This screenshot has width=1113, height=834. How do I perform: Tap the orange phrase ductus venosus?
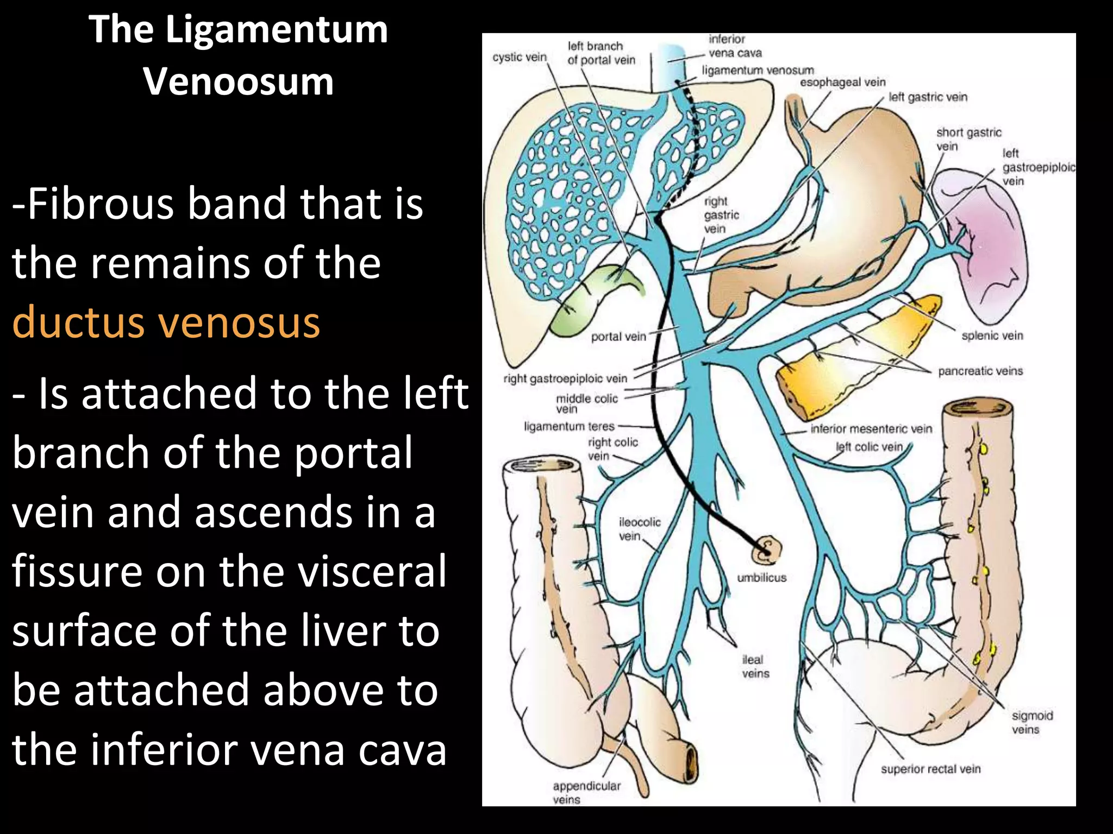point(166,322)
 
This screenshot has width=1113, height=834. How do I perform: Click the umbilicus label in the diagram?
point(761,578)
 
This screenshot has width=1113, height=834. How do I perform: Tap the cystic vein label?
point(520,57)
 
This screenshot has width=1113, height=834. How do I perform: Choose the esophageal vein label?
point(843,83)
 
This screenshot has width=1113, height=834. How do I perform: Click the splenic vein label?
point(992,336)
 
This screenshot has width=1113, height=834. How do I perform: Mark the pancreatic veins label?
point(980,371)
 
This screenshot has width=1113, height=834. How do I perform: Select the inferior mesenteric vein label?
point(871,429)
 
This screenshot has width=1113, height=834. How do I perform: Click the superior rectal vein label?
point(931,769)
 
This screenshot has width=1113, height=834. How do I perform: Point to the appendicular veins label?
point(586,793)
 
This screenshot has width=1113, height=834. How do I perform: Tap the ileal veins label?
point(755,667)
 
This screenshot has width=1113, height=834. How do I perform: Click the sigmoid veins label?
point(1033,723)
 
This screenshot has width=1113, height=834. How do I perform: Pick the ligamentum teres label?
point(569,426)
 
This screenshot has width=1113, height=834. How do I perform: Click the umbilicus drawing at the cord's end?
point(766,551)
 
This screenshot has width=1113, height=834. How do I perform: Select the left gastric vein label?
point(928,97)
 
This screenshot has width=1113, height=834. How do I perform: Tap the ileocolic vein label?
point(640,529)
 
